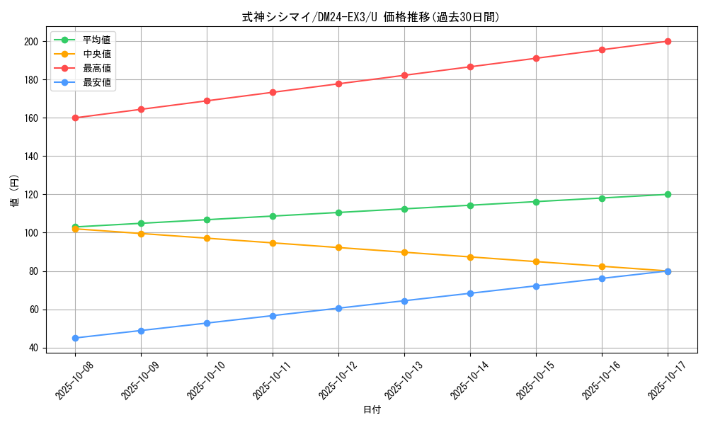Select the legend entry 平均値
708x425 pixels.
[96, 40]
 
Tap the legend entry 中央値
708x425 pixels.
[96, 54]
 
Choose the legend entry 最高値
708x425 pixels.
[96, 68]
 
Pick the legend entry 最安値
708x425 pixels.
[96, 82]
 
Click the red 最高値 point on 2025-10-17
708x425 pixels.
[668, 41]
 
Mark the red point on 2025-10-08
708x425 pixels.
[75, 118]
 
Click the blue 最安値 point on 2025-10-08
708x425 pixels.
[75, 338]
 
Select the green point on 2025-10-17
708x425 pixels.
[668, 194]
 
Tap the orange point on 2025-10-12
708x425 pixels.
[338, 247]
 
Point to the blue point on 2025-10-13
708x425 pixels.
[404, 301]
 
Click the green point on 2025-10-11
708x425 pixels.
[273, 216]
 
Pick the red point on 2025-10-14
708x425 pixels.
[470, 67]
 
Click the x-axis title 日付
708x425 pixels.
[372, 409]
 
